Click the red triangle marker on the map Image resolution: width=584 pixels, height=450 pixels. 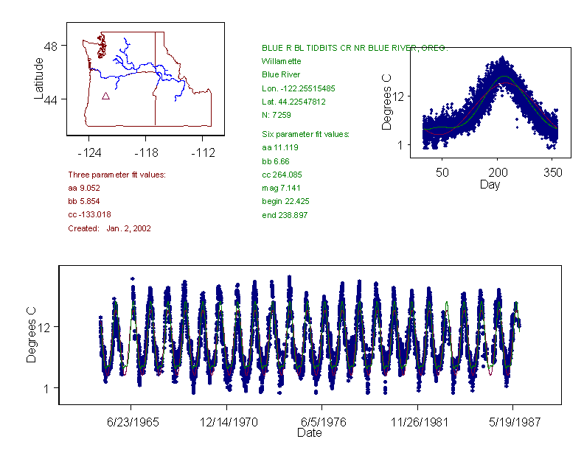point(105,96)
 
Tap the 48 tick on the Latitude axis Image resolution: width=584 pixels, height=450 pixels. point(51,46)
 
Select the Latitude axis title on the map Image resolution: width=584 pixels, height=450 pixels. point(39,78)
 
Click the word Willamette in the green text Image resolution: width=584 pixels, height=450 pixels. point(282,61)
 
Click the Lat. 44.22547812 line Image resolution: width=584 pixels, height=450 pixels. point(294,102)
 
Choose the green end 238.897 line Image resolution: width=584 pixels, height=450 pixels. point(285,215)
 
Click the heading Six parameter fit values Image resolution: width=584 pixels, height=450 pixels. point(306,134)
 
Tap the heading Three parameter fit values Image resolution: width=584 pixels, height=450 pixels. point(117,175)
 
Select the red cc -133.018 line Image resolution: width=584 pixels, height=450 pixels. point(89,214)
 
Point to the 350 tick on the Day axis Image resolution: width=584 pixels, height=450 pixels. point(553,172)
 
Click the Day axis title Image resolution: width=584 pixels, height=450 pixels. point(490,185)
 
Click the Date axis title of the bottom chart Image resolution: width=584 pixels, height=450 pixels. point(310,433)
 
